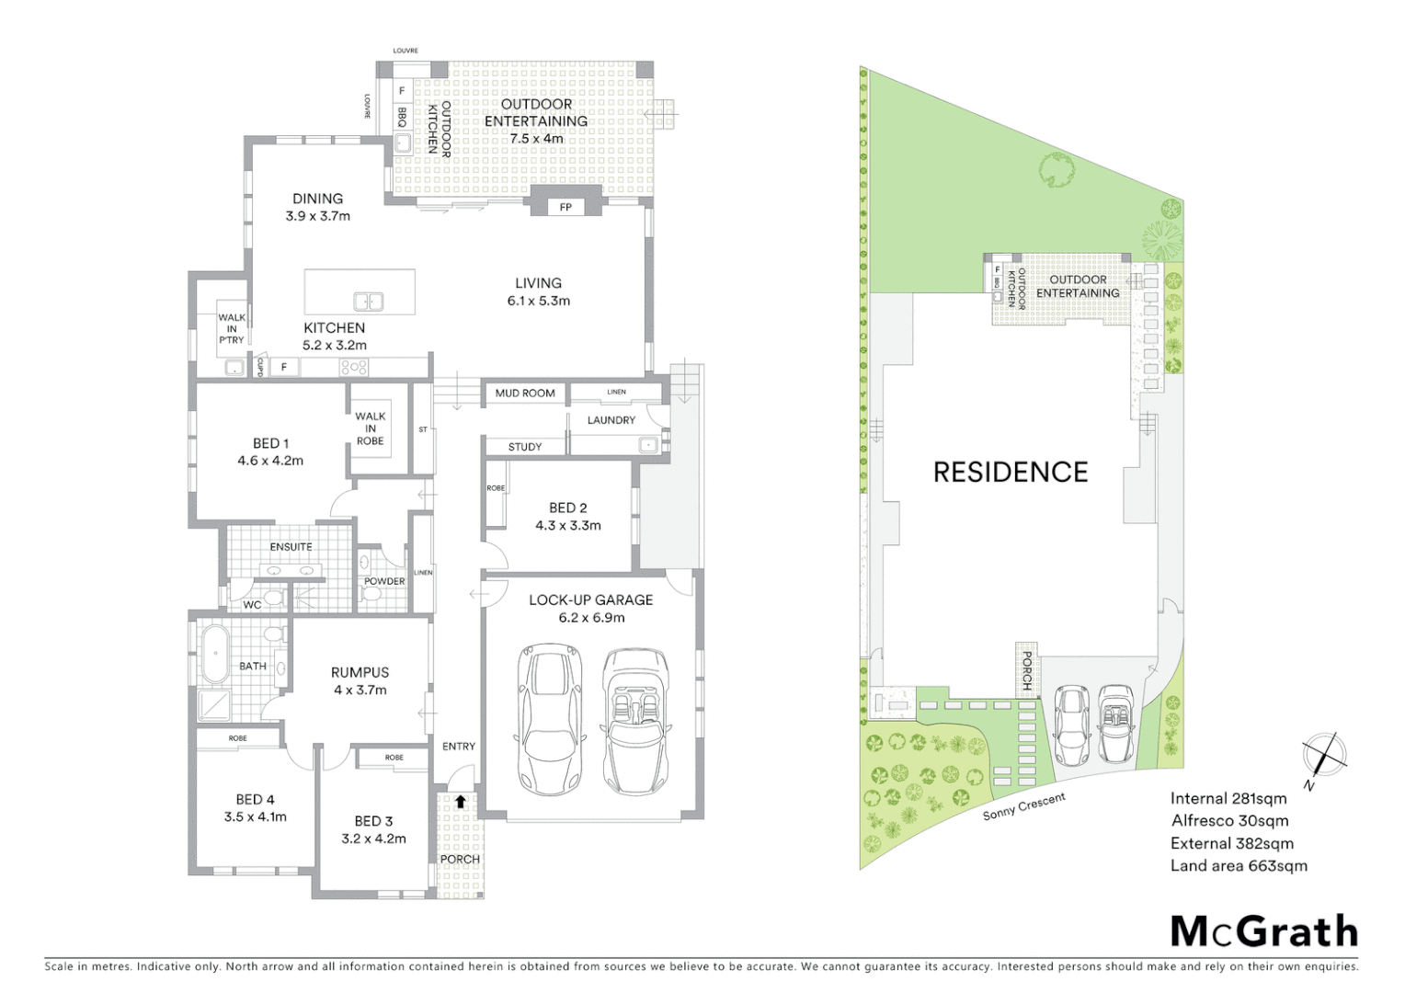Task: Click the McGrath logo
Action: tap(1263, 930)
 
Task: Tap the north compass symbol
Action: tap(1325, 755)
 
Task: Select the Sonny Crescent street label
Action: tap(1023, 806)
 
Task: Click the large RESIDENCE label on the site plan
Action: tap(1011, 472)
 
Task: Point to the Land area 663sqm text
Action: tap(1238, 865)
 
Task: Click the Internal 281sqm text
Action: tap(1228, 798)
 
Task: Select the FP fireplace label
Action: tap(565, 207)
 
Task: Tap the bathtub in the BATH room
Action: tap(215, 655)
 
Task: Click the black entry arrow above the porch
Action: tap(460, 801)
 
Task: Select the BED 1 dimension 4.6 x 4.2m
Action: tap(270, 461)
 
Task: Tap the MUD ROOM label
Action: tap(525, 393)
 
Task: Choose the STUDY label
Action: tap(525, 447)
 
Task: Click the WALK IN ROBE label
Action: tap(371, 428)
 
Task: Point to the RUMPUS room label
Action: tap(360, 672)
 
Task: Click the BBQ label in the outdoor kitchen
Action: tap(403, 117)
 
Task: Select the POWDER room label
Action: tap(384, 581)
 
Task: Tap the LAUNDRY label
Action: tap(611, 420)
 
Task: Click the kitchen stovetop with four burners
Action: tap(354, 367)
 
